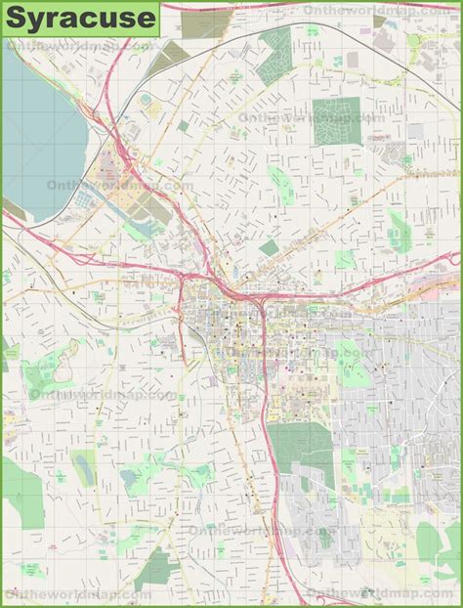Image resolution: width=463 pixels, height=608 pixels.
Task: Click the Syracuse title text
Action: coord(80,17)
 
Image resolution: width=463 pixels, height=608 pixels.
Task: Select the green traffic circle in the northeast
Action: coord(414,41)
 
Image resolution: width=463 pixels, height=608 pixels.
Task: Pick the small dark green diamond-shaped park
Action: coord(270,248)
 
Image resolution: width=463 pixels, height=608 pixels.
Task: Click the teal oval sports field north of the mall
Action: coord(146,100)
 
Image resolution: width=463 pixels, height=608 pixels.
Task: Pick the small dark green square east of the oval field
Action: coord(183,126)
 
